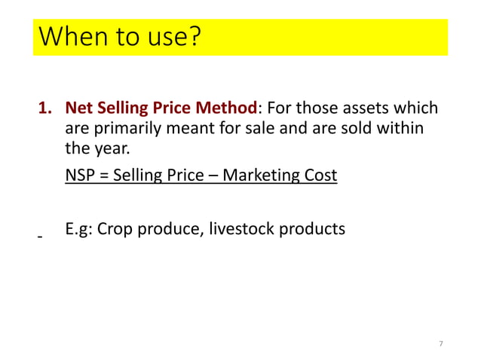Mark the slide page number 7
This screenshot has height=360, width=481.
441,343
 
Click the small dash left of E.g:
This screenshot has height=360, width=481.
40,237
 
